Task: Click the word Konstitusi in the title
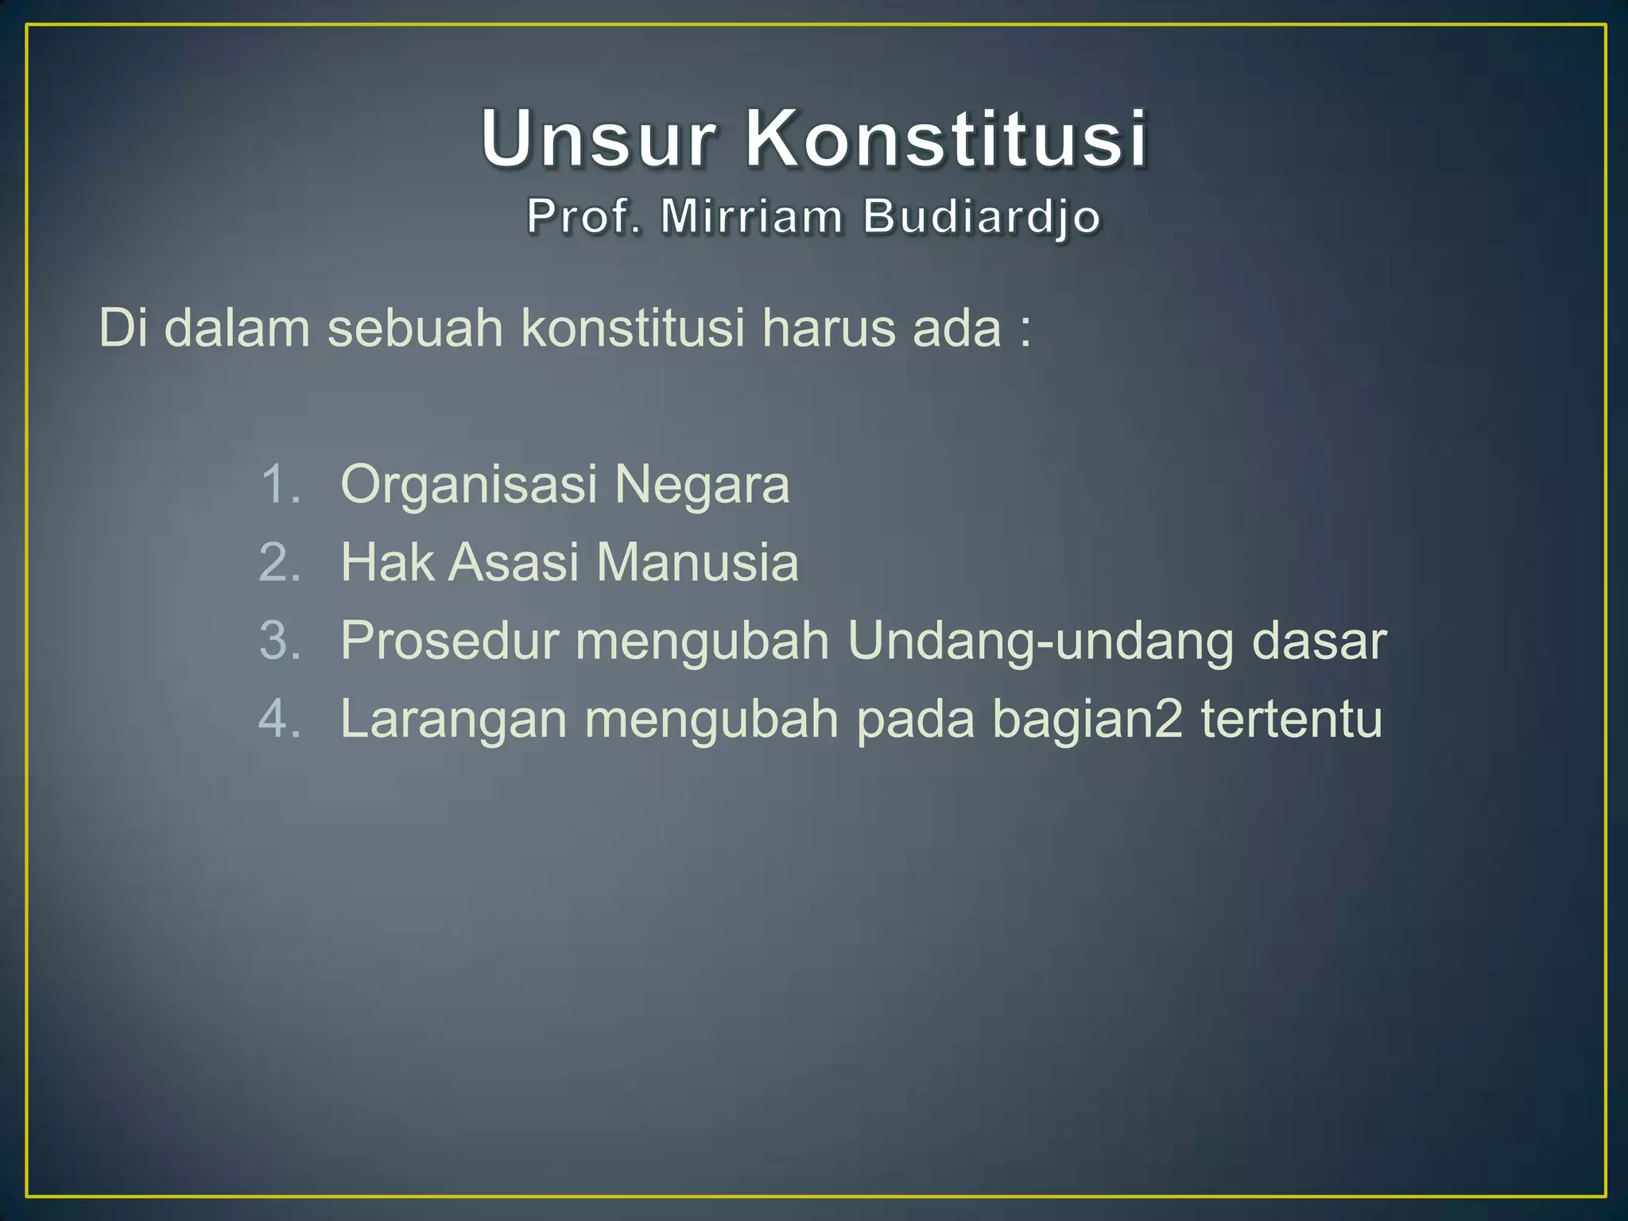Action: click(x=946, y=139)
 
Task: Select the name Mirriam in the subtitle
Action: click(x=751, y=216)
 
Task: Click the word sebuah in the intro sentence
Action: click(x=416, y=327)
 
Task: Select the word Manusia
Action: click(x=697, y=562)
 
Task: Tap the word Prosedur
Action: click(x=450, y=640)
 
